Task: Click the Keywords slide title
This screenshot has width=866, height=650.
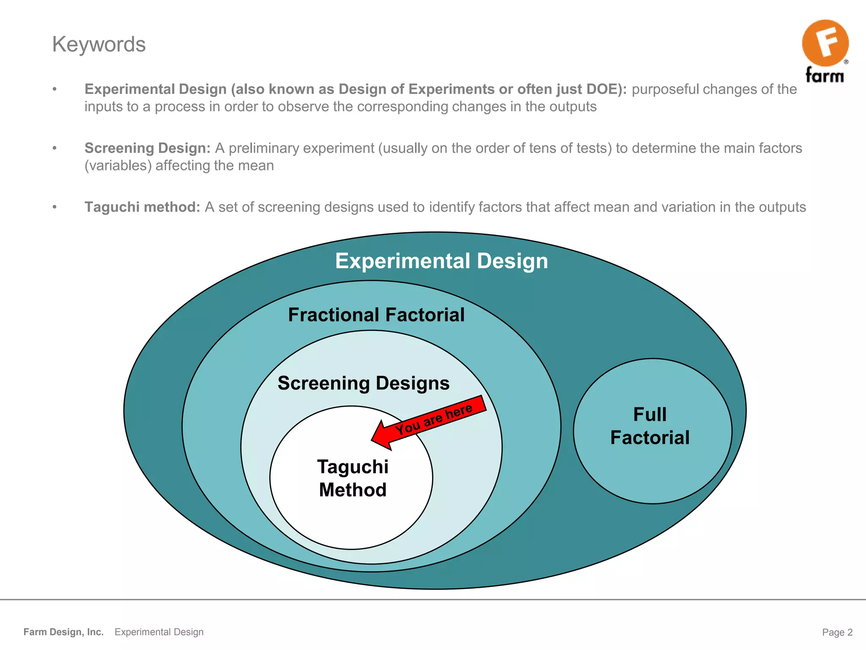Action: click(x=99, y=44)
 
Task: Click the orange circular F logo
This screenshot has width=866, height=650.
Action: click(x=825, y=43)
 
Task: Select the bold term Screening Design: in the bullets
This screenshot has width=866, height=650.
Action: click(x=147, y=148)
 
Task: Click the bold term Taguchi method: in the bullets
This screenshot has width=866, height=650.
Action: click(x=142, y=207)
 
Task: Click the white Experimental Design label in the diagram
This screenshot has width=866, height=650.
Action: click(x=441, y=261)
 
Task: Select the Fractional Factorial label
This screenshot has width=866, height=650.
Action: click(x=376, y=315)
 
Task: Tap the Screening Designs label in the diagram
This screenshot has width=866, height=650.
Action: click(x=363, y=383)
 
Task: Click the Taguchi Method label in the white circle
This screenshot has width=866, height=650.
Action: click(x=353, y=479)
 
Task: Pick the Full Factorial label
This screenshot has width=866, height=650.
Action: click(x=650, y=426)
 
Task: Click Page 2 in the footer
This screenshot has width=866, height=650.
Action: click(x=837, y=632)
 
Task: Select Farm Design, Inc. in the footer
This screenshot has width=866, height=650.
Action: click(x=63, y=632)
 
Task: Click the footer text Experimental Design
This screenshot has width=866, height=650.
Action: click(x=159, y=632)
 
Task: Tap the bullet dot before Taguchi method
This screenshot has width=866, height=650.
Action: click(x=55, y=207)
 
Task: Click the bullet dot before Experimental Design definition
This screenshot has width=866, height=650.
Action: click(x=55, y=89)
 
